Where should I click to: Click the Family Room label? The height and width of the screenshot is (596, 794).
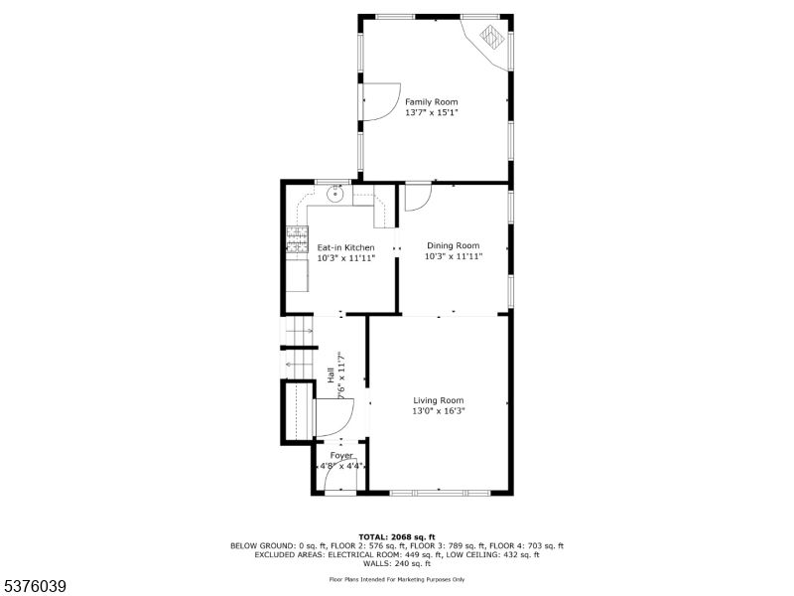pos(431,102)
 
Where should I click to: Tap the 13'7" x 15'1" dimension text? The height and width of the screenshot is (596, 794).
pos(431,112)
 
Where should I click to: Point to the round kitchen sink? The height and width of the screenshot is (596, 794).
pos(334,193)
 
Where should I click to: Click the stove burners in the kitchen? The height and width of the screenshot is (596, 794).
pos(297,239)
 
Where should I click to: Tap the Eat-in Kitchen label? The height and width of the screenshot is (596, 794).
pos(345,247)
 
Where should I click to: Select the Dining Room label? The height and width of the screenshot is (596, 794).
pos(453,245)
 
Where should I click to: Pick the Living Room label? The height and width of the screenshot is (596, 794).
pos(438,400)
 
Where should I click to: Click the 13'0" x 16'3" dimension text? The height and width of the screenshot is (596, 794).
pos(438,411)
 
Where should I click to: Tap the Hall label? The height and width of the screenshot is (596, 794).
pos(331,375)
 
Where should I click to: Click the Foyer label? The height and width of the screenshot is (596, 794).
pos(341,456)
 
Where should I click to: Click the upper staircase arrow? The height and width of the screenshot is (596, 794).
pos(300,331)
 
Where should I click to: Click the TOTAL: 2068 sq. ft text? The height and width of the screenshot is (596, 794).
pos(396,536)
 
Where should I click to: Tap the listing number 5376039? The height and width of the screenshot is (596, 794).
pos(34,586)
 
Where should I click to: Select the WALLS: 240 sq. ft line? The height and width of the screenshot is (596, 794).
pos(396,563)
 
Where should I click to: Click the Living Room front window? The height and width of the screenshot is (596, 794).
pos(439,492)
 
